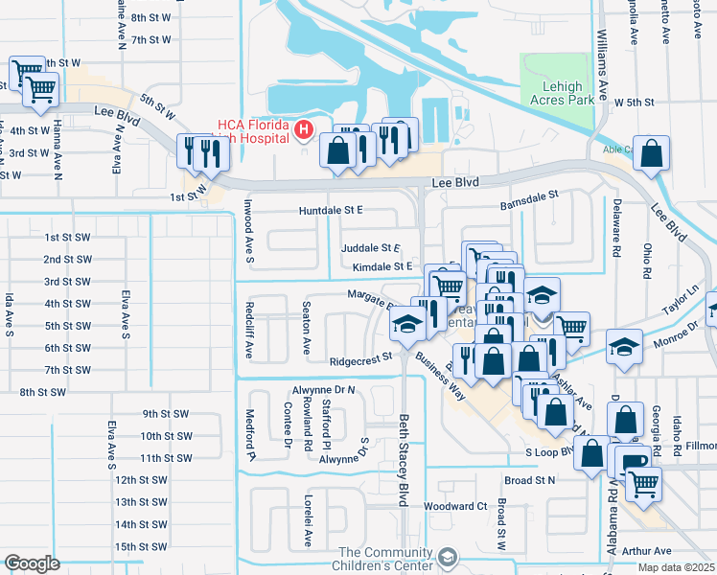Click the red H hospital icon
click(304, 128)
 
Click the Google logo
click(31, 563)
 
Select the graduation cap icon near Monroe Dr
click(624, 346)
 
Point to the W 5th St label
click(634, 102)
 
